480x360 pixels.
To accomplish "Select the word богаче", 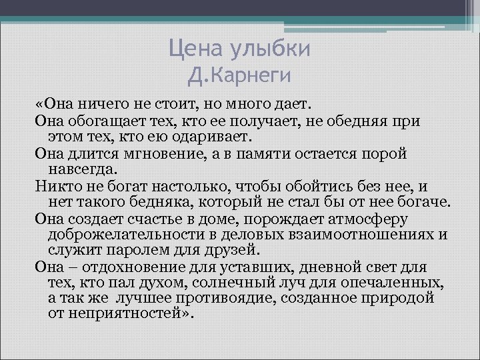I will (x=426, y=202).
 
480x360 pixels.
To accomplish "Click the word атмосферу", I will (x=371, y=219).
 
